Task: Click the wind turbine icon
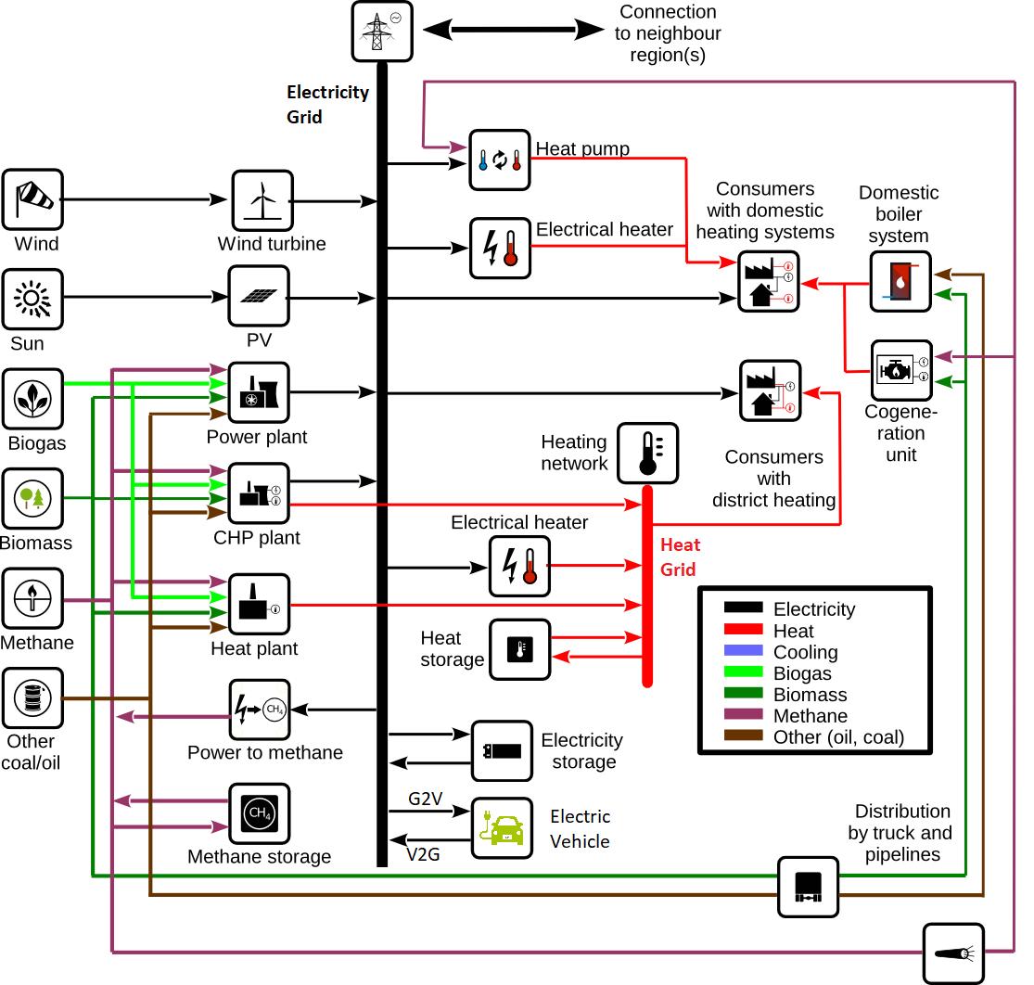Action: [x=261, y=200]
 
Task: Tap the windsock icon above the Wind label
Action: [x=32, y=199]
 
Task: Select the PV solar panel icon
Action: [x=259, y=297]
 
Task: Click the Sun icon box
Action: [x=32, y=299]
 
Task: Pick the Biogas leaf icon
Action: [x=32, y=399]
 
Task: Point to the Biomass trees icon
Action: [x=32, y=499]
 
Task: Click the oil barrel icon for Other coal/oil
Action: [x=32, y=697]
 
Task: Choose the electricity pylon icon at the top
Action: [x=382, y=32]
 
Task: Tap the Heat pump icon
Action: [x=499, y=160]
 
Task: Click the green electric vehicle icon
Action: [x=502, y=827]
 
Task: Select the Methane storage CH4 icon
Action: [x=260, y=814]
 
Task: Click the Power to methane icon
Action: [x=260, y=710]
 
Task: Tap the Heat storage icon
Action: [x=519, y=649]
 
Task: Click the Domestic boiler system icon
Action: [x=900, y=281]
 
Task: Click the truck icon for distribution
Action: [x=807, y=888]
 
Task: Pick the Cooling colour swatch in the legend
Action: [x=743, y=651]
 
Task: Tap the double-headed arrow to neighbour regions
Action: [x=515, y=30]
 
